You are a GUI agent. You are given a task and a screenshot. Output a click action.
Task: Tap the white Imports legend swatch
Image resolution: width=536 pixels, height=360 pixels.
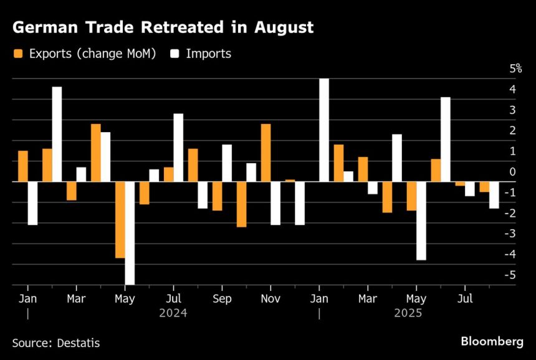[x=175, y=54]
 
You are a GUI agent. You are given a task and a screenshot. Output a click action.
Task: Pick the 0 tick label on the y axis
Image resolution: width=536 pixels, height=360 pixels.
[x=512, y=172]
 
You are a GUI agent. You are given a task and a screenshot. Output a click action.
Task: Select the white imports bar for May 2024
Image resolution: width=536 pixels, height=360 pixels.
[x=130, y=233]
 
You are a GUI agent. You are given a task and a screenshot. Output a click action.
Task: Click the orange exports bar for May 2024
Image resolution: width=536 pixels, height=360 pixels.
[x=120, y=219]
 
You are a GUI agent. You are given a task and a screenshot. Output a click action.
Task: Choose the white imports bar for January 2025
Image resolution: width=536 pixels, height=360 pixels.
[x=324, y=130]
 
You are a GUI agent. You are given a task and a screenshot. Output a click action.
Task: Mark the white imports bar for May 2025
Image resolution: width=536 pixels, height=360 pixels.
[x=421, y=220]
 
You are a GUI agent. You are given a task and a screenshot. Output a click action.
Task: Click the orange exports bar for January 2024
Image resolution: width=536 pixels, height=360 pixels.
[x=23, y=166]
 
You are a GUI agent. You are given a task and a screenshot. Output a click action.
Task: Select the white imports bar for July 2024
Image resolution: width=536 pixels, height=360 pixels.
[x=178, y=148]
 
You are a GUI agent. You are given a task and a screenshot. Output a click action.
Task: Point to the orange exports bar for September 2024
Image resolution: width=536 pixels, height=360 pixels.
[x=217, y=196]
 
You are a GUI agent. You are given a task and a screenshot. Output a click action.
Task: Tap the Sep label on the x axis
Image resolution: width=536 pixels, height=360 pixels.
[x=222, y=299]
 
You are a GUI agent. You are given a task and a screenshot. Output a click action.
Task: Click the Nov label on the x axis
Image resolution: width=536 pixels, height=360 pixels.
[x=270, y=299]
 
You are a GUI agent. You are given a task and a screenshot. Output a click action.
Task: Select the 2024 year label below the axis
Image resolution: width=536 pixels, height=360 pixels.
[x=173, y=313]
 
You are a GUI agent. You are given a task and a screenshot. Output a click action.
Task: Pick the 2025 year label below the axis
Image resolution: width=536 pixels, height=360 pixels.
[x=408, y=313]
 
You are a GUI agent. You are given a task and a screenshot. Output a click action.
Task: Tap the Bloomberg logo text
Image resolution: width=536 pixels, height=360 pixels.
[x=491, y=341]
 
